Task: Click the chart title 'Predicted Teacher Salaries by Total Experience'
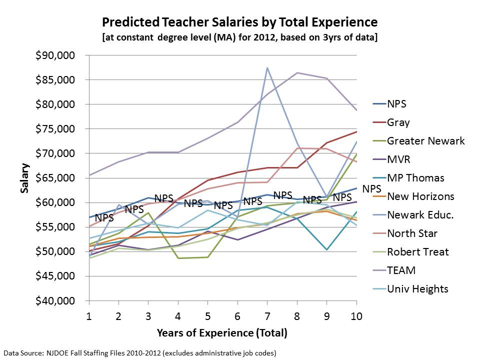239,22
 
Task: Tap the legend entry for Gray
398,122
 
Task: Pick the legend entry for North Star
412,233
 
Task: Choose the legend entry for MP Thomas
415,178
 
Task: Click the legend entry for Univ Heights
417,289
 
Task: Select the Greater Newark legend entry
425,141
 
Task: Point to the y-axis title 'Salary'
24,178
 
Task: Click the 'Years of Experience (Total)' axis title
222,332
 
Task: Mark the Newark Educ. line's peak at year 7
267,67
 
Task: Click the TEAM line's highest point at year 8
297,73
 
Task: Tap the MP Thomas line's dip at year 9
326,249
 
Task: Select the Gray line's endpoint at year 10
356,131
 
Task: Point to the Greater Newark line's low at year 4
178,258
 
